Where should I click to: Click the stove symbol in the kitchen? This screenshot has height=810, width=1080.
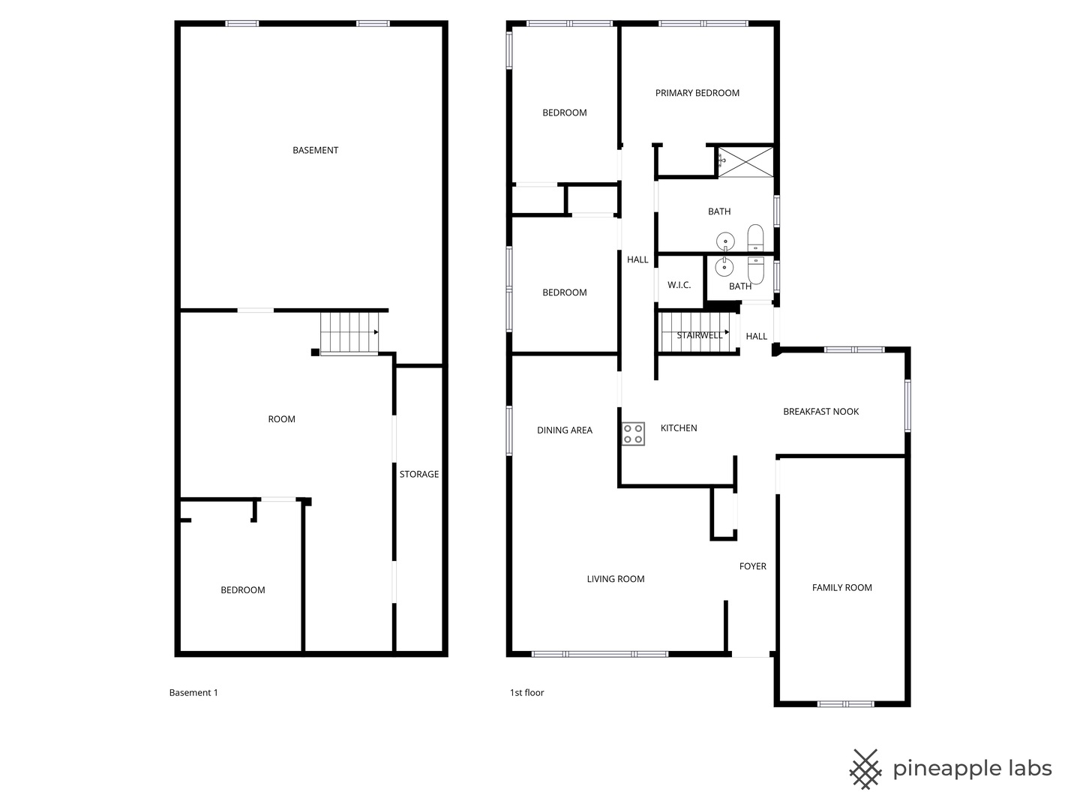tap(633, 433)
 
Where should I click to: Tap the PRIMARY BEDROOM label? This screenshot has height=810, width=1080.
tap(697, 93)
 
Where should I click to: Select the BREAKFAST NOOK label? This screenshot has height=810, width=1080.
tap(820, 411)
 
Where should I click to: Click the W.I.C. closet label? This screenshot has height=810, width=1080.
tap(679, 285)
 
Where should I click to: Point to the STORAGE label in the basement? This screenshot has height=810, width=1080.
tap(418, 474)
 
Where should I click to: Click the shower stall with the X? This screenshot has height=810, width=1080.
tap(745, 161)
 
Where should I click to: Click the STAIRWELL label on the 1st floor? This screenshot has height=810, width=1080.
tap(699, 335)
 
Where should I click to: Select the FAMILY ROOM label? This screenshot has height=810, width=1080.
tap(841, 587)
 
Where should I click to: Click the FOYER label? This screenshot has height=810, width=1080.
tap(752, 566)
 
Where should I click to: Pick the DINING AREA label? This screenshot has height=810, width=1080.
tap(564, 430)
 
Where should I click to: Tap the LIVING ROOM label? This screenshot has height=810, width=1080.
tap(615, 579)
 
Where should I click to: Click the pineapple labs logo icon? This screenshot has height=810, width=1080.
tap(865, 769)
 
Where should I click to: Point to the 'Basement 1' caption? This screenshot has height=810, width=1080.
tap(193, 692)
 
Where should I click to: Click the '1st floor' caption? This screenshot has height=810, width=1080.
tap(526, 692)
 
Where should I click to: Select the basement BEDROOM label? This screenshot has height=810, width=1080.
tap(242, 590)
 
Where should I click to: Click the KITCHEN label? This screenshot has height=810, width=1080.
tap(678, 428)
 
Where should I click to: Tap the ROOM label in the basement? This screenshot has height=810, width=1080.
tap(281, 419)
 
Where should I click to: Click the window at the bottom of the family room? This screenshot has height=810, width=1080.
tap(845, 703)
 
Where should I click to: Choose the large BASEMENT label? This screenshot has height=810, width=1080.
tap(315, 150)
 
